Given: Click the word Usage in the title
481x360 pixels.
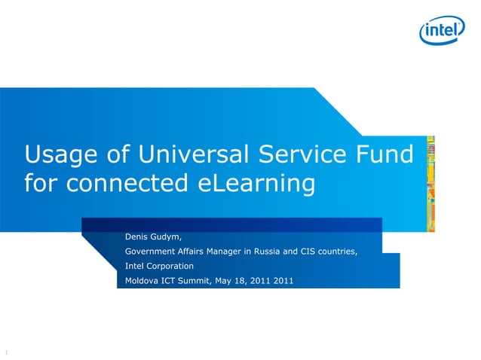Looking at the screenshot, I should (59, 155).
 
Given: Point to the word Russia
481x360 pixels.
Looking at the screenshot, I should (265, 251).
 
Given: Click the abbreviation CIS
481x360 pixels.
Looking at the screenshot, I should (309, 251).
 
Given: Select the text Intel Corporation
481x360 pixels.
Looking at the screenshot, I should (159, 266).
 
